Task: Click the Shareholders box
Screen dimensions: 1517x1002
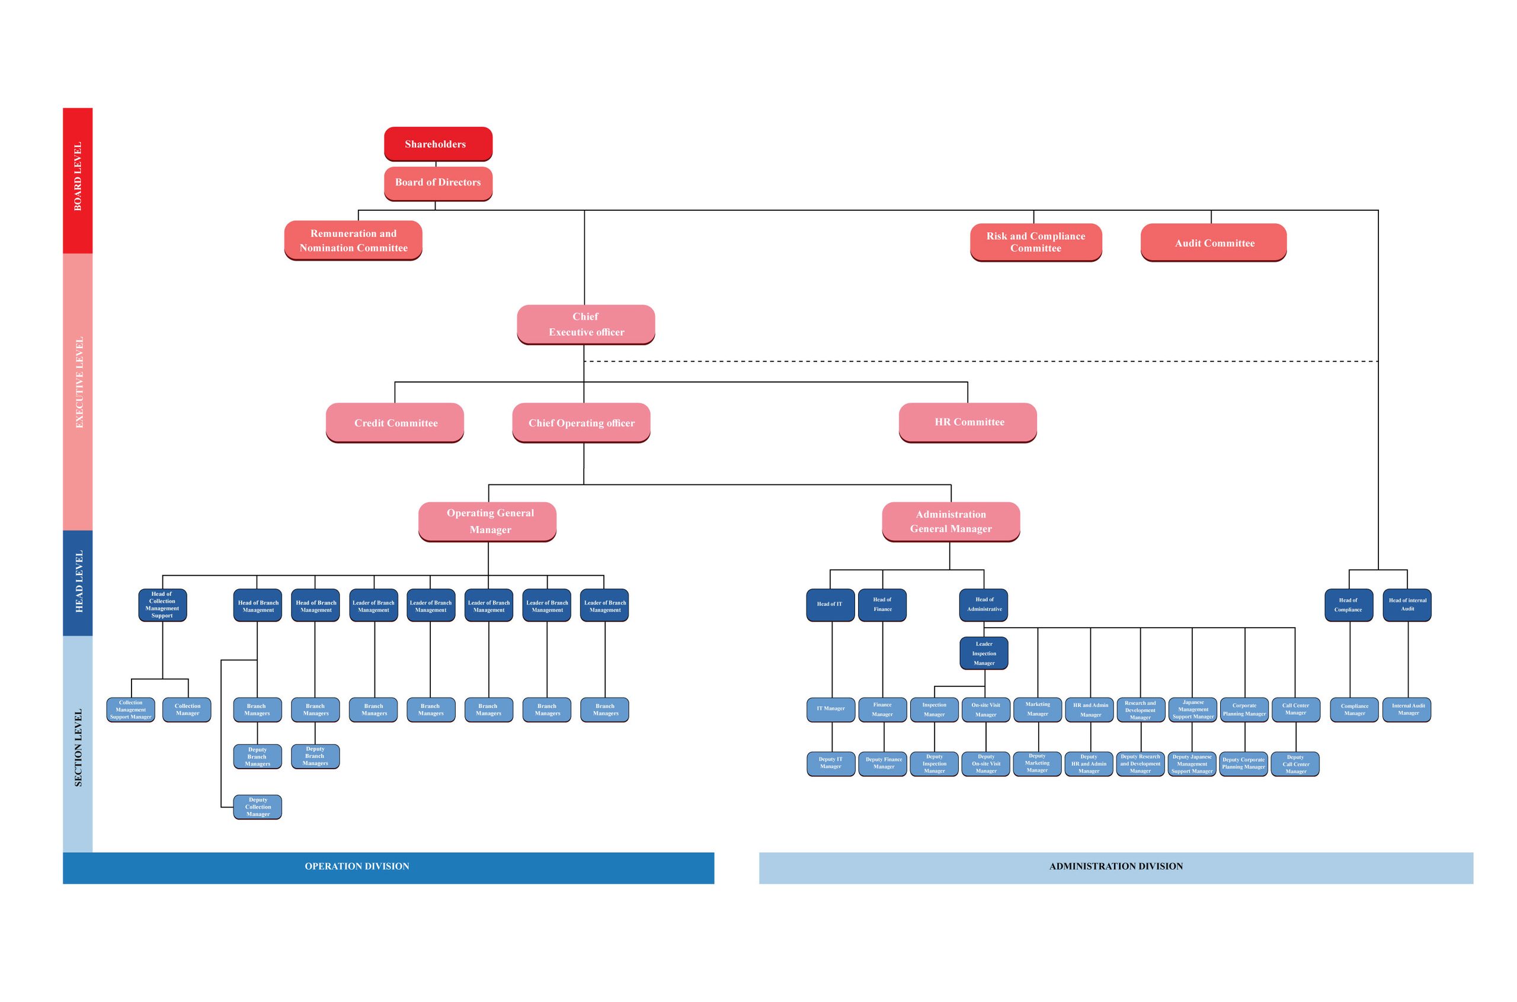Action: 438,144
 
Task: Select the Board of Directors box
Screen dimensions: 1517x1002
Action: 438,184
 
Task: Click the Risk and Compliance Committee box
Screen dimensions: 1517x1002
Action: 1036,242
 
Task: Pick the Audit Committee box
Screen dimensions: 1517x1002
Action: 1214,242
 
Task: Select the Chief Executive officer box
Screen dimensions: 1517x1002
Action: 585,325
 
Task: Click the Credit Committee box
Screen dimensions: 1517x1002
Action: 395,422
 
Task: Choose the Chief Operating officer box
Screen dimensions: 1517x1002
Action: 581,422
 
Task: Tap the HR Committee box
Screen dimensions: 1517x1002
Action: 967,422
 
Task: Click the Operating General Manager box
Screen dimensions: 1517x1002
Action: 487,522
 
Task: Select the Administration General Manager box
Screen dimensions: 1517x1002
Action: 950,522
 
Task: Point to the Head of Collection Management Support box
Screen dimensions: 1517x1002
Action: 162,605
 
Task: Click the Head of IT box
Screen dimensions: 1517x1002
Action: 830,605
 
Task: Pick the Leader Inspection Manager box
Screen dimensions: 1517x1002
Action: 984,653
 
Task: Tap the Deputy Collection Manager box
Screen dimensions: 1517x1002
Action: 257,807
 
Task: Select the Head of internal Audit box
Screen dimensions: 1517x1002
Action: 1407,605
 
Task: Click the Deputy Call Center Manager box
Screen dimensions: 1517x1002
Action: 1295,765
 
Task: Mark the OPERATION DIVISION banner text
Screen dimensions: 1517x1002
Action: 357,866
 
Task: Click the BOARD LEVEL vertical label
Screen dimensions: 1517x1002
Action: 78,176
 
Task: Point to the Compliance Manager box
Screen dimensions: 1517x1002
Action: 1354,710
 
